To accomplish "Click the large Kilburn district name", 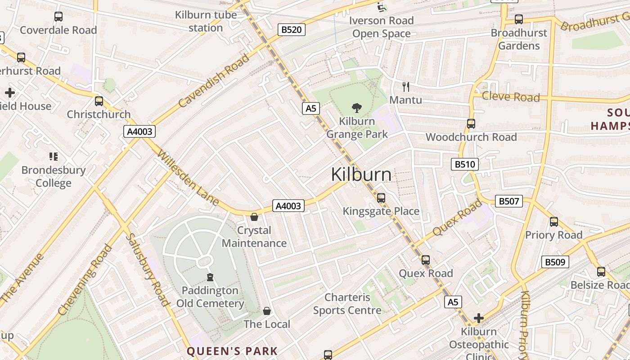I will pyautogui.click(x=361, y=175).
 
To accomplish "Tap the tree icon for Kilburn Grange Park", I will pyautogui.click(x=357, y=108).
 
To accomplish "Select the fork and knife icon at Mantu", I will pyautogui.click(x=406, y=86).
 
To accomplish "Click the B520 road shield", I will pyautogui.click(x=291, y=30).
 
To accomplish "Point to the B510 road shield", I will pyautogui.click(x=464, y=164).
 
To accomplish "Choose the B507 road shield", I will pyautogui.click(x=509, y=201).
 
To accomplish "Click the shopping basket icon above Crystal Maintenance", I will pyautogui.click(x=254, y=217).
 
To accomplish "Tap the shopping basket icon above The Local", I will pyautogui.click(x=267, y=311).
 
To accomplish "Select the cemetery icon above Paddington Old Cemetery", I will pyautogui.click(x=210, y=277).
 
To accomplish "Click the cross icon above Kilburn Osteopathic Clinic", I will pyautogui.click(x=479, y=319).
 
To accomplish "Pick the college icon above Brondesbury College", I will pyautogui.click(x=54, y=157).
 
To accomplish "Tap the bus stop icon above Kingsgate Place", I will pyautogui.click(x=381, y=198).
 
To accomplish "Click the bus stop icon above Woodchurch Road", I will pyautogui.click(x=471, y=124).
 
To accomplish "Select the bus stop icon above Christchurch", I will pyautogui.click(x=99, y=101).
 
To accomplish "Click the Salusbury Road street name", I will pyautogui.click(x=147, y=269).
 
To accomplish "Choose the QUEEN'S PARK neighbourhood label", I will pyautogui.click(x=232, y=351).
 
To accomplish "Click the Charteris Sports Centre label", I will pyautogui.click(x=347, y=304).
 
